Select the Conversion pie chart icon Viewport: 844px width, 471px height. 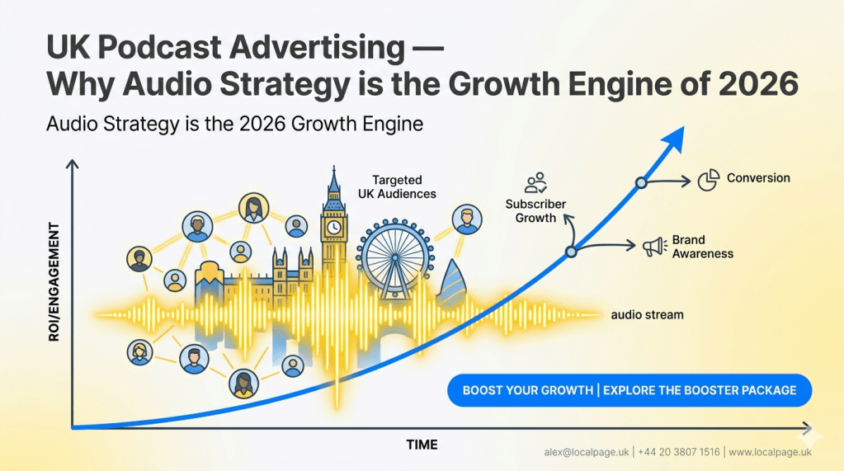tap(708, 180)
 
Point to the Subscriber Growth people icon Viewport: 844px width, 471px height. tap(536, 182)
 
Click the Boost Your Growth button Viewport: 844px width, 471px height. tap(629, 389)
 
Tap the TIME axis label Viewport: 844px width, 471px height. tap(422, 445)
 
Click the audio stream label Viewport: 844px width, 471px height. tap(647, 314)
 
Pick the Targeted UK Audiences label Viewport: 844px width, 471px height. tap(397, 186)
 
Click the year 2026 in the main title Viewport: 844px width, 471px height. tap(757, 84)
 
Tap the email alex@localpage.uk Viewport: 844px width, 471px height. tap(587, 452)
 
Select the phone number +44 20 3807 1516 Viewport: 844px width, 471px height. tap(678, 452)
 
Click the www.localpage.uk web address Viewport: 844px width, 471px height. tap(770, 452)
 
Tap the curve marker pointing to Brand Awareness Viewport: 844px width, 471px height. tap(570, 253)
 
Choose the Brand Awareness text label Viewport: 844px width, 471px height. tap(702, 247)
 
